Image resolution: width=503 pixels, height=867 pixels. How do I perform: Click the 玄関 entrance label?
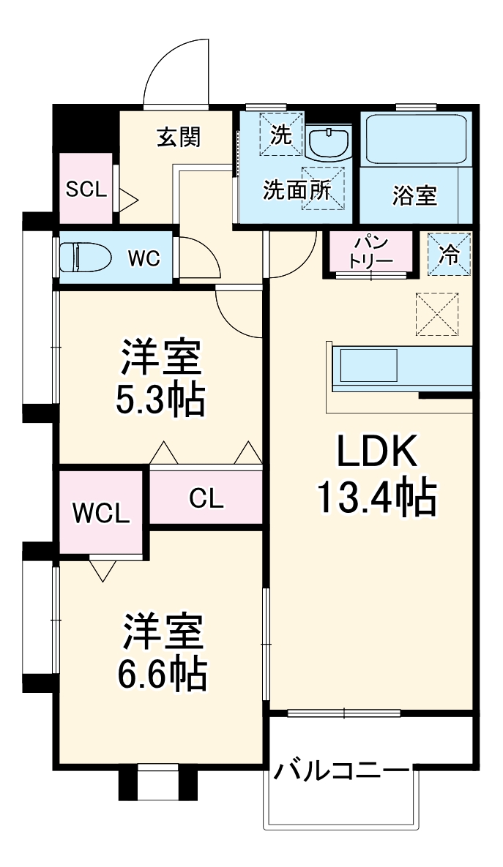pos(178,137)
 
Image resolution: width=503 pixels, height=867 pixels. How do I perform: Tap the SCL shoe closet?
pos(86,189)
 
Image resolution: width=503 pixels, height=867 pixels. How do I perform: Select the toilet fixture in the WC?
pos(84,258)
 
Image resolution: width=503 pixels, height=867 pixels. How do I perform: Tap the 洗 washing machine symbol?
pos(280,134)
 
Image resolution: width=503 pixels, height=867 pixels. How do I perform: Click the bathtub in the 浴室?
pos(415,140)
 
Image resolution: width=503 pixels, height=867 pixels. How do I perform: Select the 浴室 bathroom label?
pos(414,195)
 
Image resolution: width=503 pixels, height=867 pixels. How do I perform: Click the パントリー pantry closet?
pos(371,250)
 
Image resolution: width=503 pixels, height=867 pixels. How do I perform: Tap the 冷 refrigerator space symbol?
pos(449,254)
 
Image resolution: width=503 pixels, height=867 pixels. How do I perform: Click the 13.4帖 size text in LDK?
pos(376,498)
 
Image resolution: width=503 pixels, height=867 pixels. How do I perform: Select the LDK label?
pos(376,453)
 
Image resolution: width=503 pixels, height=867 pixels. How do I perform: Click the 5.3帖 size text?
pos(160,399)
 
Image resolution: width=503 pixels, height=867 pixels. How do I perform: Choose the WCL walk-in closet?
pos(101,512)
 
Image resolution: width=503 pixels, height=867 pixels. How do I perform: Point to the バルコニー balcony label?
pos(341,771)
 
